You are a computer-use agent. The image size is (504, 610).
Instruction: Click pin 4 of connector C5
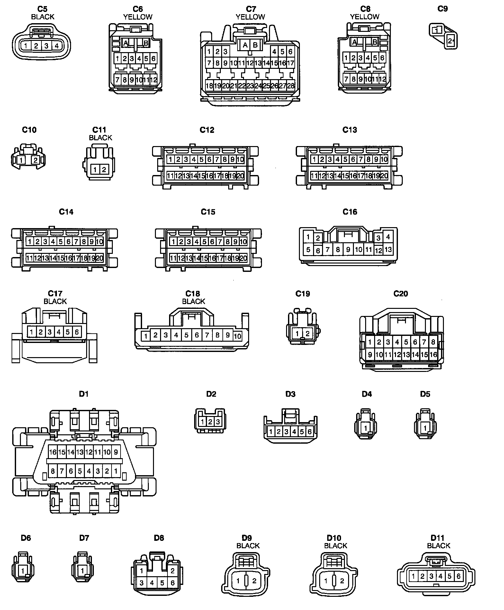(57, 46)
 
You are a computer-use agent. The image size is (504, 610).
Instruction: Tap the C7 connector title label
(250, 9)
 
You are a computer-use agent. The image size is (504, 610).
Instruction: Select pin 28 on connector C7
(291, 86)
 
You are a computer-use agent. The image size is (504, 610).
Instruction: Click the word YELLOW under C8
(364, 17)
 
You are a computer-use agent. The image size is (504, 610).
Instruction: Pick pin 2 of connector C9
(450, 41)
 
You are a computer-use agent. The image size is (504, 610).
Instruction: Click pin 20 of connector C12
(240, 176)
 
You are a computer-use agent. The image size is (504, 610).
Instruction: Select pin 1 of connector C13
(314, 159)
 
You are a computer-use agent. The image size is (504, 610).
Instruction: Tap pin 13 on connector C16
(388, 249)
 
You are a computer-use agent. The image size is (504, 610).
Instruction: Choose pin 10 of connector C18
(237, 337)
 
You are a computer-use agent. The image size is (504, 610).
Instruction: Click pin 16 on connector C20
(433, 355)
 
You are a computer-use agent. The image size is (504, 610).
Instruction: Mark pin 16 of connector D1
(53, 452)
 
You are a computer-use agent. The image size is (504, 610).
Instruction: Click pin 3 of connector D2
(218, 422)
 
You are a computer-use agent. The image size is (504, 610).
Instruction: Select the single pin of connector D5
(425, 428)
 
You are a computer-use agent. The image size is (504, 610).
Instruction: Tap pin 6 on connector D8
(173, 583)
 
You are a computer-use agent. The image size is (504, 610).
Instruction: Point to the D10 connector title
(334, 538)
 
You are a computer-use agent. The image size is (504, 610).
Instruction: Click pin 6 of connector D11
(458, 576)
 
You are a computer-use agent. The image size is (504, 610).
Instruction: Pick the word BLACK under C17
(55, 301)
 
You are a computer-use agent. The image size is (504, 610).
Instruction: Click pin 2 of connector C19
(307, 334)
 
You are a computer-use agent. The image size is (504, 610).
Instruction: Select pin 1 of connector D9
(238, 581)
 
